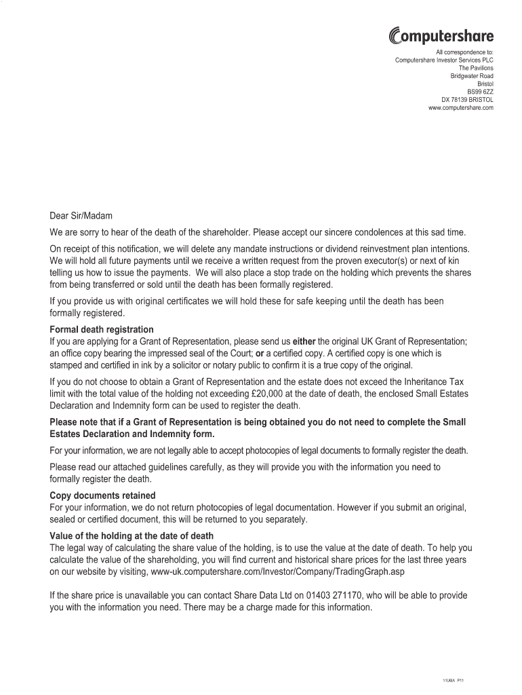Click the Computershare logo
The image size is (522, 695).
(x=441, y=36)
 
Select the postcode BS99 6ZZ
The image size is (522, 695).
(x=481, y=91)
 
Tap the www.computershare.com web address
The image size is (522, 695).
(x=461, y=107)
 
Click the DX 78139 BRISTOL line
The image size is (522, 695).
(x=467, y=99)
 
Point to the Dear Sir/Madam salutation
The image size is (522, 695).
(x=81, y=217)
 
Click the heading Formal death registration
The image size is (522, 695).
(x=102, y=330)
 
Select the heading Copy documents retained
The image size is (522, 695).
(x=102, y=495)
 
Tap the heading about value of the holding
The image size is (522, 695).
(x=132, y=536)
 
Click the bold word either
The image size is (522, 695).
(x=304, y=341)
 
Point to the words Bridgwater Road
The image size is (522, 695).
(x=472, y=76)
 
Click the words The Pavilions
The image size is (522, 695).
(x=476, y=68)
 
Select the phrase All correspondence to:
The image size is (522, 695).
(x=464, y=52)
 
